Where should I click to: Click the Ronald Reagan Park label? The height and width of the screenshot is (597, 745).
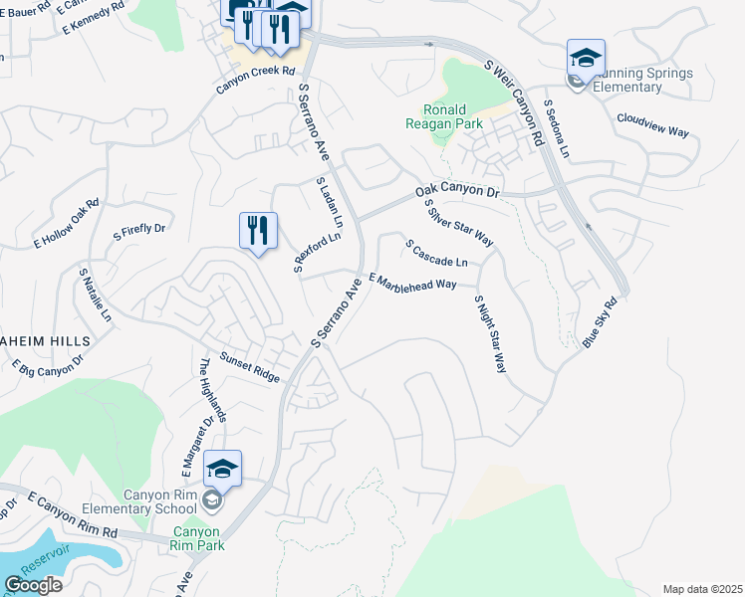pos(443,116)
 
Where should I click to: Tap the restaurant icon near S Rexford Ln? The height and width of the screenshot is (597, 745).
pos(258,231)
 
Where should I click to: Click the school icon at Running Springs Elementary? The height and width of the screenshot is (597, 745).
pos(586,58)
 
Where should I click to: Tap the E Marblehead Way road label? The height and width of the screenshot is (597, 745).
pos(412,284)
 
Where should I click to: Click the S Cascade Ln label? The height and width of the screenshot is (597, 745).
pos(435,254)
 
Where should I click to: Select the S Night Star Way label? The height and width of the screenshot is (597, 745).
pos(489,333)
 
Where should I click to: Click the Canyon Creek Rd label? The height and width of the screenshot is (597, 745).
pos(256,80)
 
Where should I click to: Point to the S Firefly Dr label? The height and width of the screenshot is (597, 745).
pos(138,230)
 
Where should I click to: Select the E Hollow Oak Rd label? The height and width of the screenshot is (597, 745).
pos(67,223)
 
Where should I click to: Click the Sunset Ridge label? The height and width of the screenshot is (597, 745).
pos(250,367)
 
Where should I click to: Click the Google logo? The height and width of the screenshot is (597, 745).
pos(34,585)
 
